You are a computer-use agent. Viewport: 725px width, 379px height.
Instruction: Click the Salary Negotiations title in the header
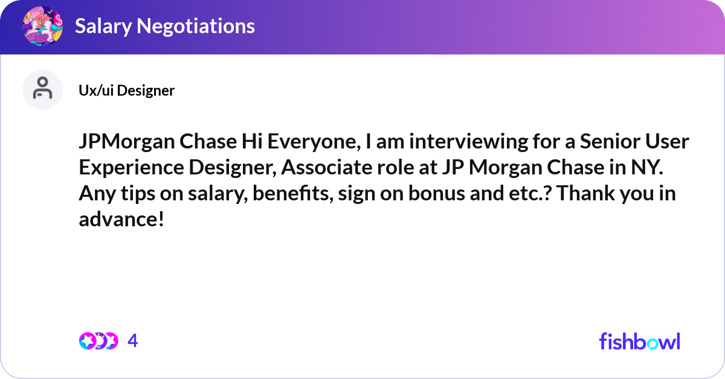164,26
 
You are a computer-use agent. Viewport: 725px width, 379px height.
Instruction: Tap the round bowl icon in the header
42,26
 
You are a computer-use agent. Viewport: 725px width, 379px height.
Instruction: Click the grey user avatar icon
42,89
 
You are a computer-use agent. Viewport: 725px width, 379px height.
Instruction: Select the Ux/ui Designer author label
126,91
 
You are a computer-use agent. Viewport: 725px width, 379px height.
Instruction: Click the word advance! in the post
121,220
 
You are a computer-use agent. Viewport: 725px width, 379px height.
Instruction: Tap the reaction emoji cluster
98,341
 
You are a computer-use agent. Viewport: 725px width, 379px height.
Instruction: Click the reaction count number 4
133,341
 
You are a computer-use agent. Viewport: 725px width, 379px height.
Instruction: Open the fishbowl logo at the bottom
639,341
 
